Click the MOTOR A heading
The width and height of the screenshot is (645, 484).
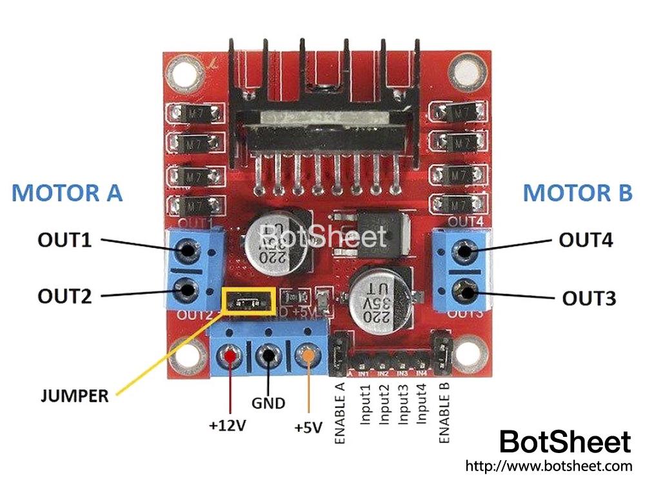point(66,193)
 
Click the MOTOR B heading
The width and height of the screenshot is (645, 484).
point(577,193)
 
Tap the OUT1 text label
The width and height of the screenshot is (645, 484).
point(64,241)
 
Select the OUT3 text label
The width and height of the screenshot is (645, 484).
point(589,299)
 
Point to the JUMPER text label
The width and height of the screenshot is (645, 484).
point(75,396)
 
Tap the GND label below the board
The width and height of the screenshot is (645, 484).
point(268,403)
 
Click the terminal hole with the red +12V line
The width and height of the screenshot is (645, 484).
point(230,356)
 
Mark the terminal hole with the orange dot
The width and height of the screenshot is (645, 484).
point(309,354)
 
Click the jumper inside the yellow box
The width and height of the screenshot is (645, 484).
point(248,301)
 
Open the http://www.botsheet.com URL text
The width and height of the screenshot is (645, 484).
point(548,465)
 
